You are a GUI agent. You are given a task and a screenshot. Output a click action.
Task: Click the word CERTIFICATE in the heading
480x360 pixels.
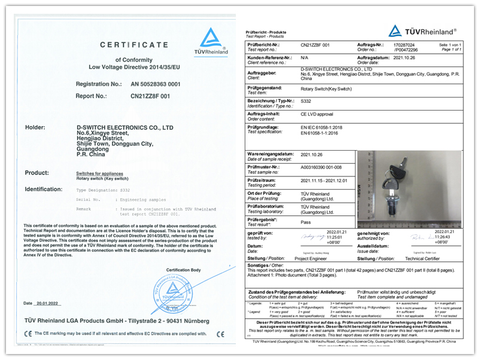[x=133, y=44]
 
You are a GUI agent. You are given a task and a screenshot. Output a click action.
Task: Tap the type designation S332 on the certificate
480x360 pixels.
[x=124, y=189]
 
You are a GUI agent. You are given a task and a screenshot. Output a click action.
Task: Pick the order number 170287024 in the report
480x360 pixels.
[x=403, y=44]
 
